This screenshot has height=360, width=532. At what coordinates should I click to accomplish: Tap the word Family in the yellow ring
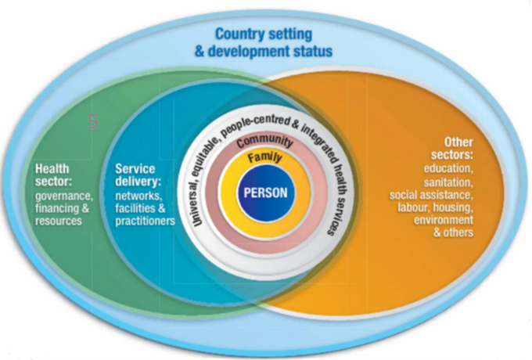(x=265, y=158)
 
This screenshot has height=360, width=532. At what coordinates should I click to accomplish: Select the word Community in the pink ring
(x=264, y=142)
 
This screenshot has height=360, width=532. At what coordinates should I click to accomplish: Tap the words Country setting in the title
(x=264, y=35)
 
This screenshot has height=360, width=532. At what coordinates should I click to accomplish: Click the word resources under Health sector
(x=58, y=221)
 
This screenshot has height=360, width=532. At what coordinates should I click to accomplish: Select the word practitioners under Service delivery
(x=145, y=221)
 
